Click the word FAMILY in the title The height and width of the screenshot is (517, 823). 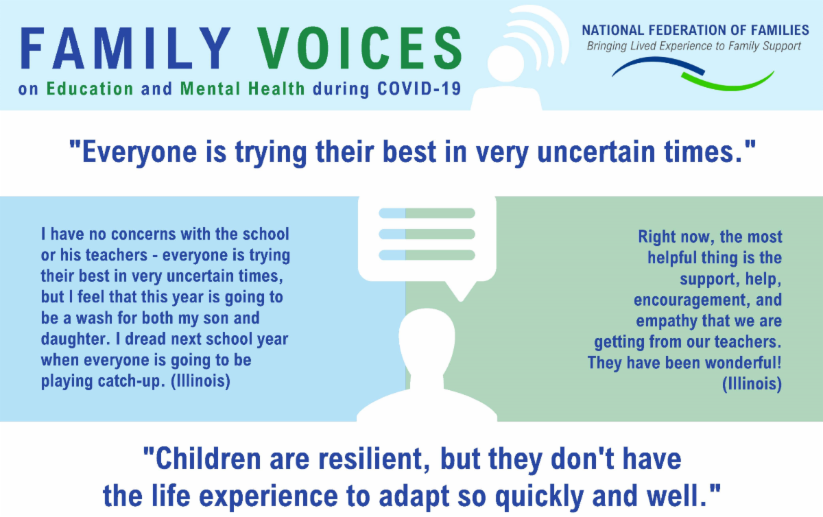[126, 48]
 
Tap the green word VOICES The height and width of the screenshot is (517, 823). [359, 48]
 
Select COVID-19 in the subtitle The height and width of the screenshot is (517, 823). [419, 88]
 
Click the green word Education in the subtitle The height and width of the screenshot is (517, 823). [90, 88]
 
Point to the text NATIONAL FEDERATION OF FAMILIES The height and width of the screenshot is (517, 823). [695, 30]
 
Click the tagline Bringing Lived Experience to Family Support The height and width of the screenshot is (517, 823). [693, 47]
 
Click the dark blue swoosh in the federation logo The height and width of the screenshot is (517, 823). [658, 65]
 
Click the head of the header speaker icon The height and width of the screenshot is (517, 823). [506, 64]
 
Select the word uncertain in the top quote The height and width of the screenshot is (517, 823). [596, 152]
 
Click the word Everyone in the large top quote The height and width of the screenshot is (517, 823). [139, 152]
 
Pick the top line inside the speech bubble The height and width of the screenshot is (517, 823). [427, 213]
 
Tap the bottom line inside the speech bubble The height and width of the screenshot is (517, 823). [427, 255]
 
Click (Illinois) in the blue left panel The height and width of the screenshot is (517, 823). [200, 381]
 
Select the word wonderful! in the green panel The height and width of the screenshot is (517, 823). [743, 363]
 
